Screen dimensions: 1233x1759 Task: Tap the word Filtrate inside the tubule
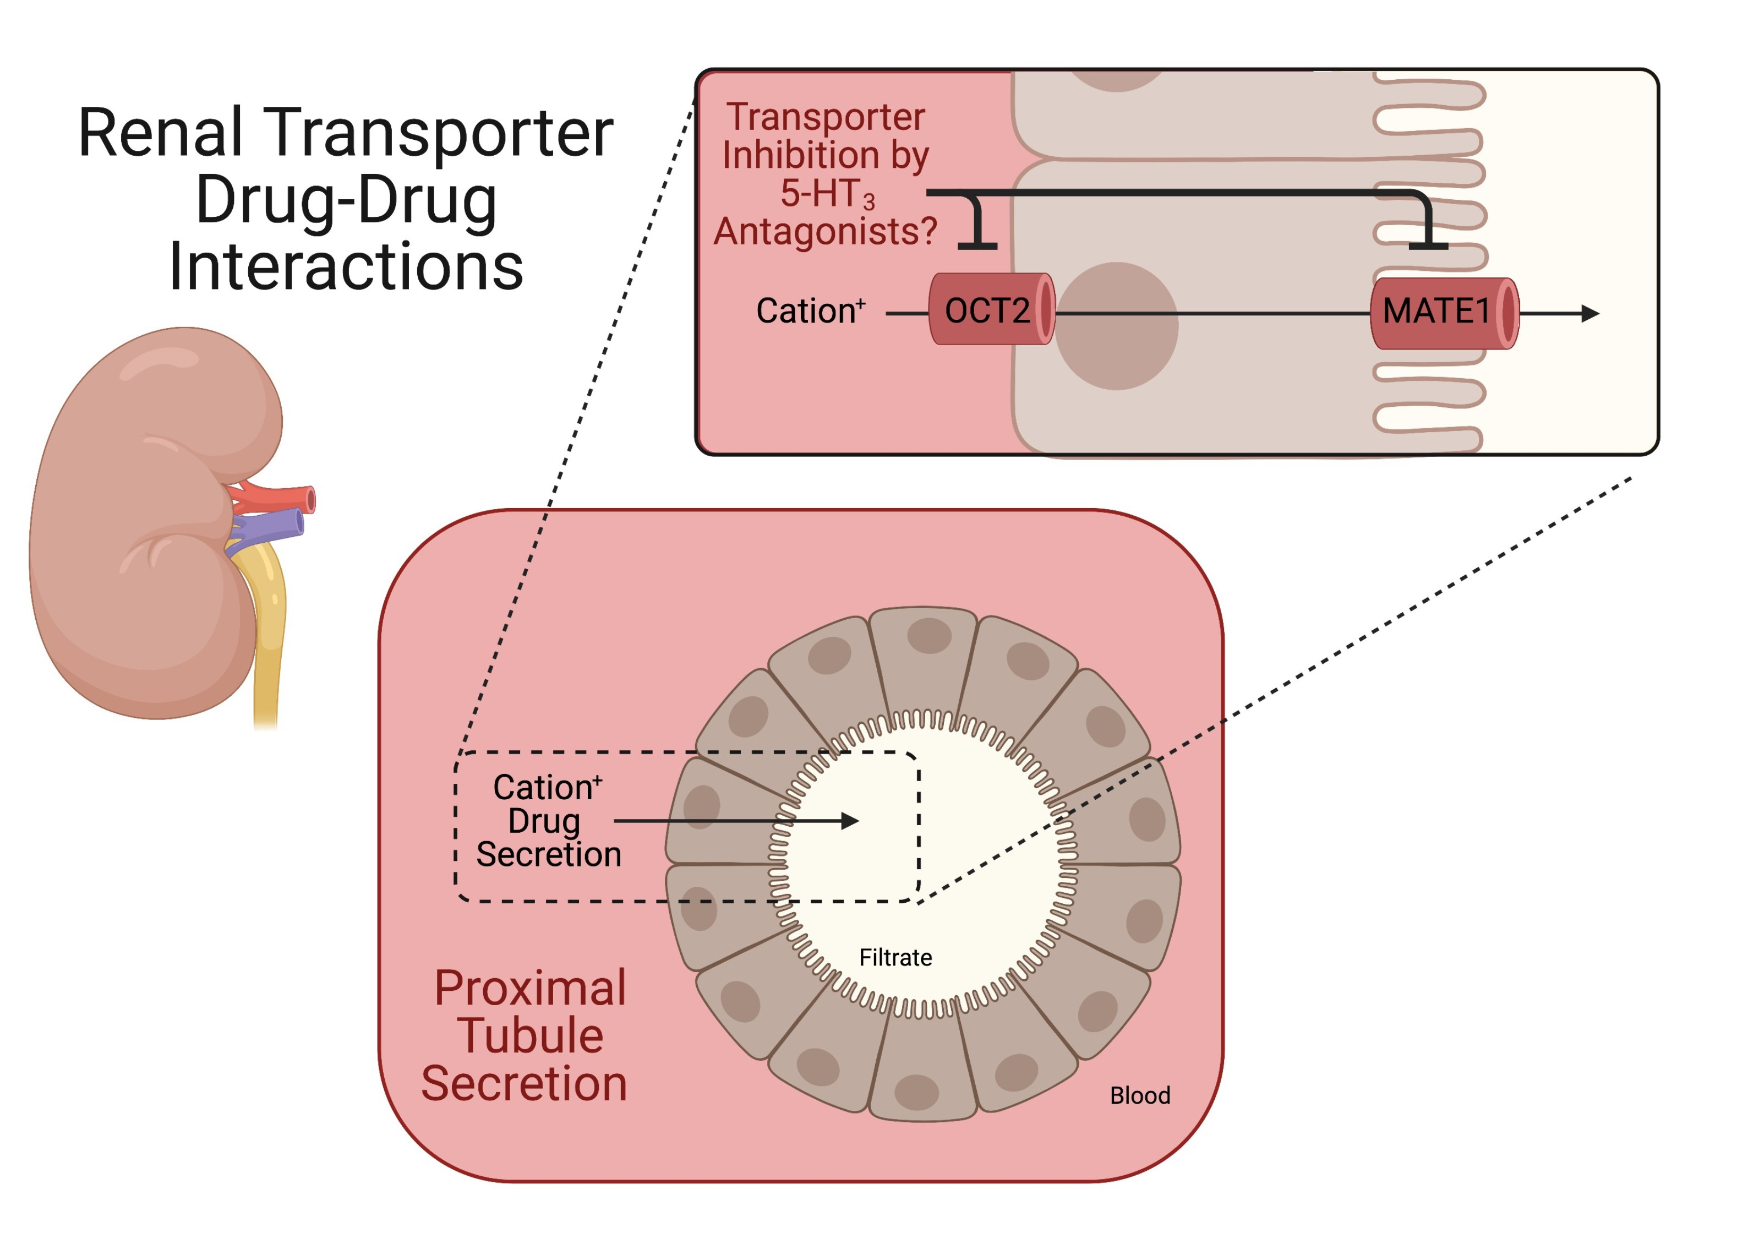pos(895,957)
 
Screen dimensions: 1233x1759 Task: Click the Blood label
pos(1139,1095)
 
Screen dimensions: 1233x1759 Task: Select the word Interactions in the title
pos(346,266)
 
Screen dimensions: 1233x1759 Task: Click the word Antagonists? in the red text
pos(825,231)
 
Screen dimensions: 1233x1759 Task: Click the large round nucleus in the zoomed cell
pos(1116,326)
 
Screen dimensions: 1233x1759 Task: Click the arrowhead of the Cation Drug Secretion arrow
pos(850,821)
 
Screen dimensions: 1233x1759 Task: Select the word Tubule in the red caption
pos(530,1035)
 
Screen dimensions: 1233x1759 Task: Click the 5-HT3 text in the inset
pos(827,193)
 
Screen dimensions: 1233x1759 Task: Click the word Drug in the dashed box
pos(544,821)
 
